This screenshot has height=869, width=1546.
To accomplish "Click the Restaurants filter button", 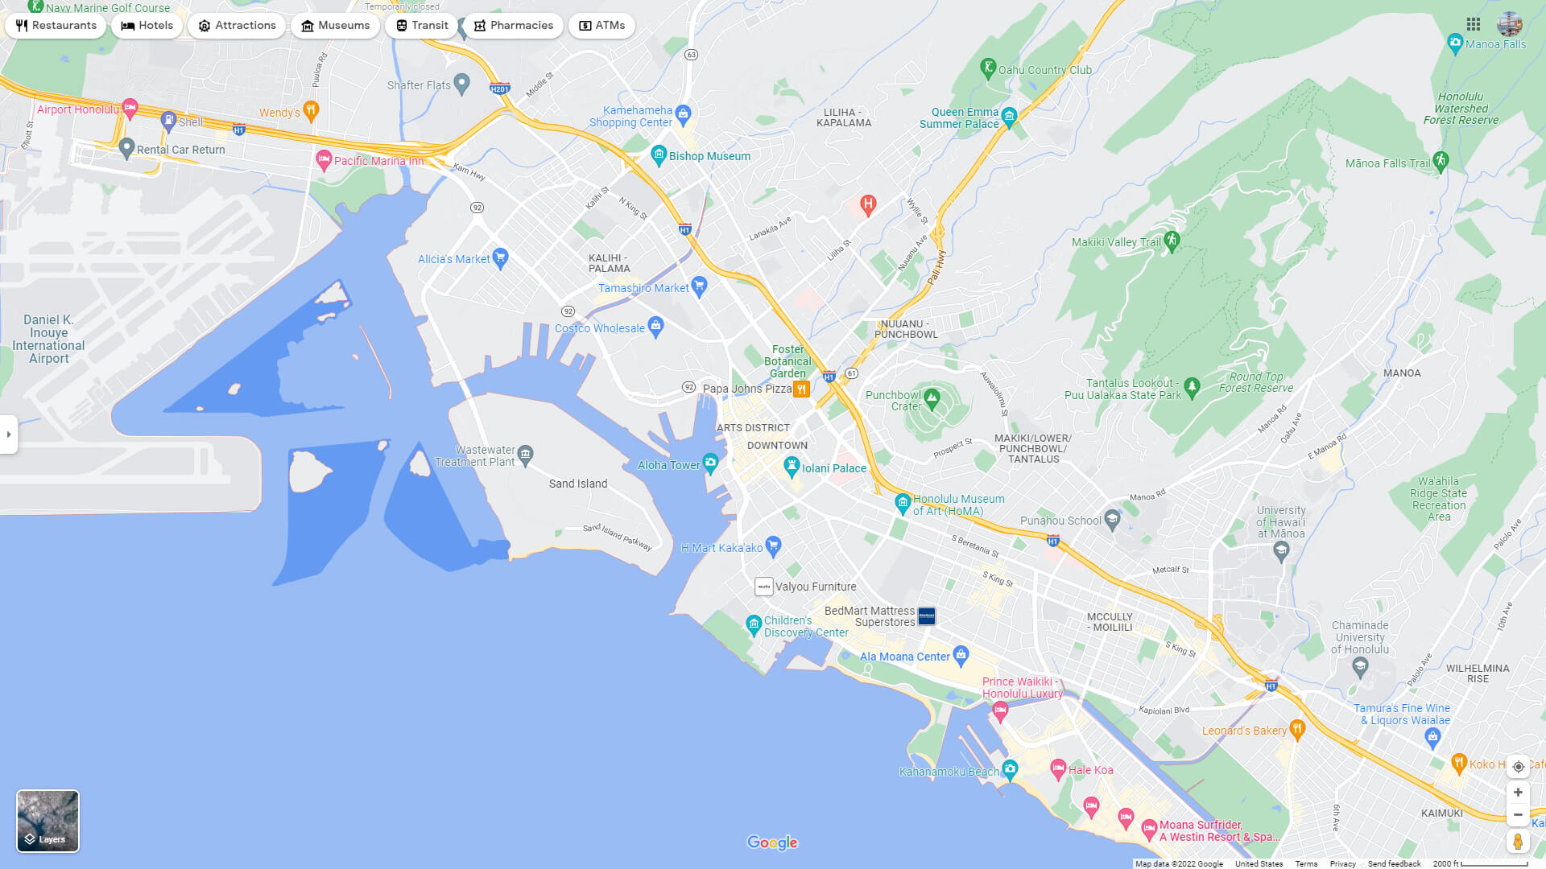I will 56,26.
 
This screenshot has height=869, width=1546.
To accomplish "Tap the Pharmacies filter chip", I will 513,26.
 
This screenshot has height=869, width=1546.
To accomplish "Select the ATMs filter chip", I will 601,26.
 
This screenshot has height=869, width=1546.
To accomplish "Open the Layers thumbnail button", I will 48,821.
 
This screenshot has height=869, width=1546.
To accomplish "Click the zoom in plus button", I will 1518,793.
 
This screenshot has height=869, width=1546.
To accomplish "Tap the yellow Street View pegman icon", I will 1518,842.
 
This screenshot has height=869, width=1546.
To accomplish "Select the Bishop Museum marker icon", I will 659,154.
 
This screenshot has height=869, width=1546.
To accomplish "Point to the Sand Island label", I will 578,484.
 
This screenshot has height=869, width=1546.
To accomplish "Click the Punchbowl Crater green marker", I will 932,397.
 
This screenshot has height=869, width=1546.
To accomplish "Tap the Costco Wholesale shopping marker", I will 655,327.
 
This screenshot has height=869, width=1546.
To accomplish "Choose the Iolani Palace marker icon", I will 792,466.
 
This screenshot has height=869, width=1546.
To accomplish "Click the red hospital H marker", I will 868,204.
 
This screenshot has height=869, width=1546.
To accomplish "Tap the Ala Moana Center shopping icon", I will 961,654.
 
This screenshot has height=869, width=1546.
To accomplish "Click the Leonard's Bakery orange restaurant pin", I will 1296,729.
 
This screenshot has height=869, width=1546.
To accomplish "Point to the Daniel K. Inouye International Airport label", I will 48,339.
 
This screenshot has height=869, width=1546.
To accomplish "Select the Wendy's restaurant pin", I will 312,110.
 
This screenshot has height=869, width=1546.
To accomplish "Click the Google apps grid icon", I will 1474,24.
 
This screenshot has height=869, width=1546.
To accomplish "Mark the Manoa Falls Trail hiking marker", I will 1441,161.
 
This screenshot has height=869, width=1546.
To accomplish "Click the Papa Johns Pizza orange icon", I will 801,389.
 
